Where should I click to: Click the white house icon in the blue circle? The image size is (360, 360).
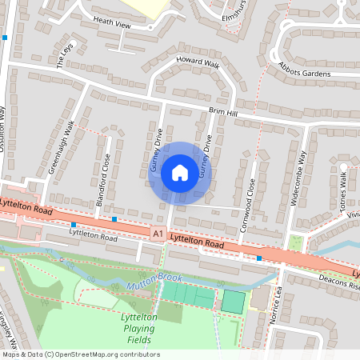click(180, 172)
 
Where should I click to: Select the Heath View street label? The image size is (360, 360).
click(111, 26)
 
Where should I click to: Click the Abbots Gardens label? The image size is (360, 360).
click(304, 71)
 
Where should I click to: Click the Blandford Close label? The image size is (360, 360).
click(103, 181)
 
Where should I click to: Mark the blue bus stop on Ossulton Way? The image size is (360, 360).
click(5, 38)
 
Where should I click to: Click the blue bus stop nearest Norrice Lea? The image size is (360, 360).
click(259, 258)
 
